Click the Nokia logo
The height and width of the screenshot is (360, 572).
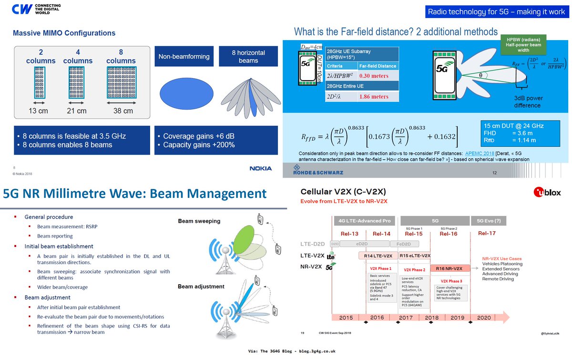pyautogui.click(x=261, y=168)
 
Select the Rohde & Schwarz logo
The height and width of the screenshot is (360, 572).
pyautogui.click(x=314, y=170)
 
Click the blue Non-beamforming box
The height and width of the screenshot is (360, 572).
pyautogui.click(x=184, y=56)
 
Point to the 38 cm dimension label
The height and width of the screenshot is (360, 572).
pyautogui.click(x=121, y=111)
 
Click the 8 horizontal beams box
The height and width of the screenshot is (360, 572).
pyautogui.click(x=248, y=56)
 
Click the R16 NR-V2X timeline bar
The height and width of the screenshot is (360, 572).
pyautogui.click(x=449, y=268)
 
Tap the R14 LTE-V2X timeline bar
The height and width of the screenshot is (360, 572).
pyautogui.click(x=378, y=256)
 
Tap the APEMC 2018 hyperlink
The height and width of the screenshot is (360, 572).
pyautogui.click(x=481, y=154)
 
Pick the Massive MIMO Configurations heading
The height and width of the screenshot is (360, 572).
pyautogui.click(x=64, y=33)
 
